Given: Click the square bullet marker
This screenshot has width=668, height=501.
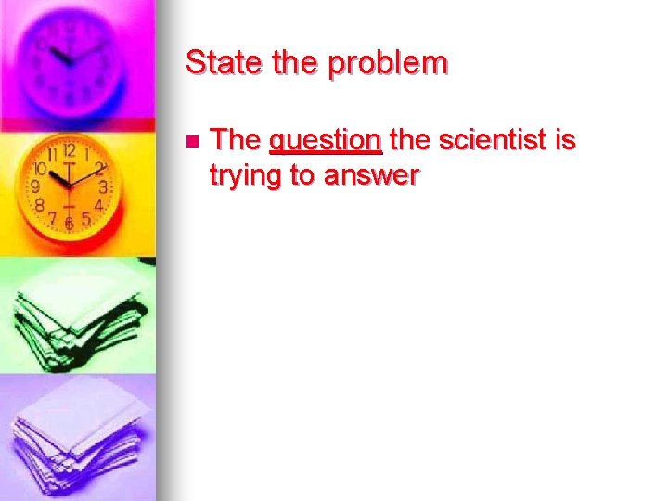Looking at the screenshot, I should tap(191, 142).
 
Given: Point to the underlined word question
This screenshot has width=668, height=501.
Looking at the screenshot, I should tap(325, 142).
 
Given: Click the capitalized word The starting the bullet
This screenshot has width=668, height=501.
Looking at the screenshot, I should tap(236, 140).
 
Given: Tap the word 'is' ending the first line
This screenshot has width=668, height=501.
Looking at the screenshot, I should tap(565, 140).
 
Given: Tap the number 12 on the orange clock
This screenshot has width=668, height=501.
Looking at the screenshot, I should tap(69, 150).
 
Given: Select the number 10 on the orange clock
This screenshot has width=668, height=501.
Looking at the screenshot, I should tap(40, 169).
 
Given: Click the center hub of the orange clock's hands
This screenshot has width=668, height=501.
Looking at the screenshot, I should tap(68, 180).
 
